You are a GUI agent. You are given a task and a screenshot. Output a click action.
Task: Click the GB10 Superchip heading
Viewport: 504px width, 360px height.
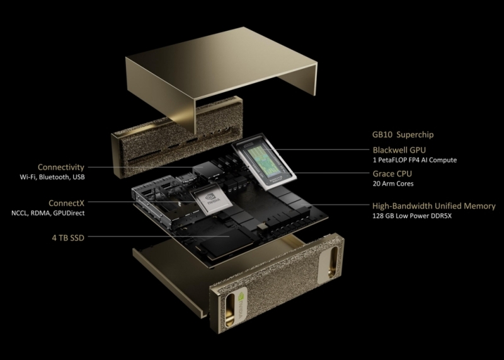pos(403,135)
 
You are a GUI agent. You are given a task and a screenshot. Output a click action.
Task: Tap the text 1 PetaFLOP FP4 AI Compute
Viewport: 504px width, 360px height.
pos(415,161)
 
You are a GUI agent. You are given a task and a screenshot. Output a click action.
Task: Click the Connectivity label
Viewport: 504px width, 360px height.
pos(61,167)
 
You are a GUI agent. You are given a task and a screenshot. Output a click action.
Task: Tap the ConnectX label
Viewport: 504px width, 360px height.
pos(66,203)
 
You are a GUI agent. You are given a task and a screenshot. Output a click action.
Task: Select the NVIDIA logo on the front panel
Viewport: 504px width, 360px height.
pos(238,302)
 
